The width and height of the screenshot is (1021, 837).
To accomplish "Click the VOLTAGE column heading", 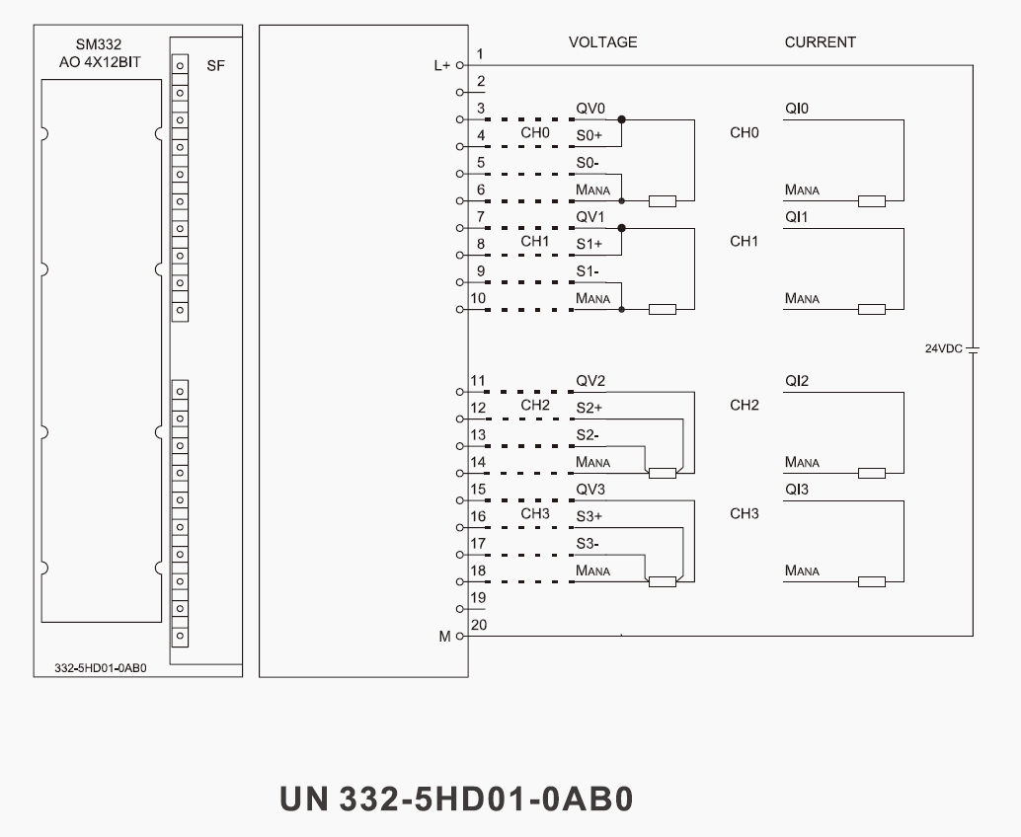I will (602, 42).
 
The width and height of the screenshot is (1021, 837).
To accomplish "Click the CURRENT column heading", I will (820, 42).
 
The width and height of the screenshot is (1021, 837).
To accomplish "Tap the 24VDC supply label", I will (943, 348).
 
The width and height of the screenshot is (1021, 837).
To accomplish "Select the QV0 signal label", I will (590, 108).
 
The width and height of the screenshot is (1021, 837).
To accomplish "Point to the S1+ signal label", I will (589, 244).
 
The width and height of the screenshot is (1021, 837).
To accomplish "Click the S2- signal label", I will (588, 434).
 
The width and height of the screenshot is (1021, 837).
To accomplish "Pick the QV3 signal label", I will (590, 489).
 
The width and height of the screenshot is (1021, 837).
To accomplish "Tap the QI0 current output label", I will (797, 108).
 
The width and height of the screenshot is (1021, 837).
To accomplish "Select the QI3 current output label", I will (797, 489).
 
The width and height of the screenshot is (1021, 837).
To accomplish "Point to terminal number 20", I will (479, 624).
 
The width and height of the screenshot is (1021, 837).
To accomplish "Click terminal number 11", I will (478, 380).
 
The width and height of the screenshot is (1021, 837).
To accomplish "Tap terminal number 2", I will (480, 81).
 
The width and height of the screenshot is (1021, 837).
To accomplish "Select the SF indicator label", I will (215, 66).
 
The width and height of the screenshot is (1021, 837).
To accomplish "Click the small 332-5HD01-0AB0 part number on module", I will (101, 667).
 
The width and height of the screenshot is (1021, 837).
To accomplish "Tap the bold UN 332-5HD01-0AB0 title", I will (455, 799).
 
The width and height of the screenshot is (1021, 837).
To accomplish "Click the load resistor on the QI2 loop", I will (872, 473).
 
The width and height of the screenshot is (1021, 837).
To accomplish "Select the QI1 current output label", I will (797, 217).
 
